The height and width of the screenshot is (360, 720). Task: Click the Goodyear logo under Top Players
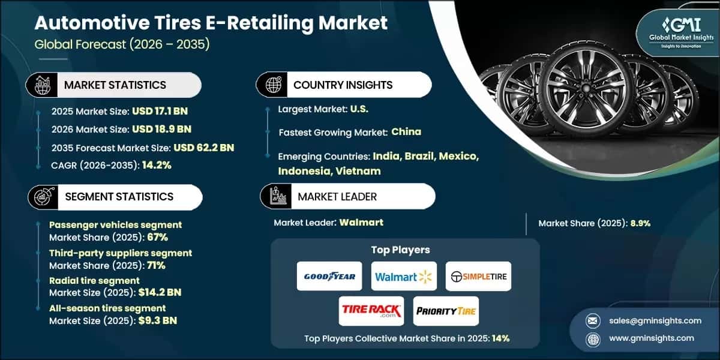click(x=329, y=276)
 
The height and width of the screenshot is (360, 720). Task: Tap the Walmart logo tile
click(x=404, y=276)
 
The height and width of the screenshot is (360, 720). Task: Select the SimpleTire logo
click(x=478, y=276)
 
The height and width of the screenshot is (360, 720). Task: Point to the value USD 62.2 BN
click(x=203, y=148)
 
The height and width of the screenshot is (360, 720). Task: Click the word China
click(x=406, y=131)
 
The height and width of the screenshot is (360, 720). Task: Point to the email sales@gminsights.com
click(x=653, y=320)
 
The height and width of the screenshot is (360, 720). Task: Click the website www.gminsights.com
click(x=651, y=338)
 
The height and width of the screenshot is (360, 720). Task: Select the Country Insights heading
click(x=343, y=85)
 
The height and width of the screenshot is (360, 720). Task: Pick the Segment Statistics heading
click(x=119, y=197)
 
